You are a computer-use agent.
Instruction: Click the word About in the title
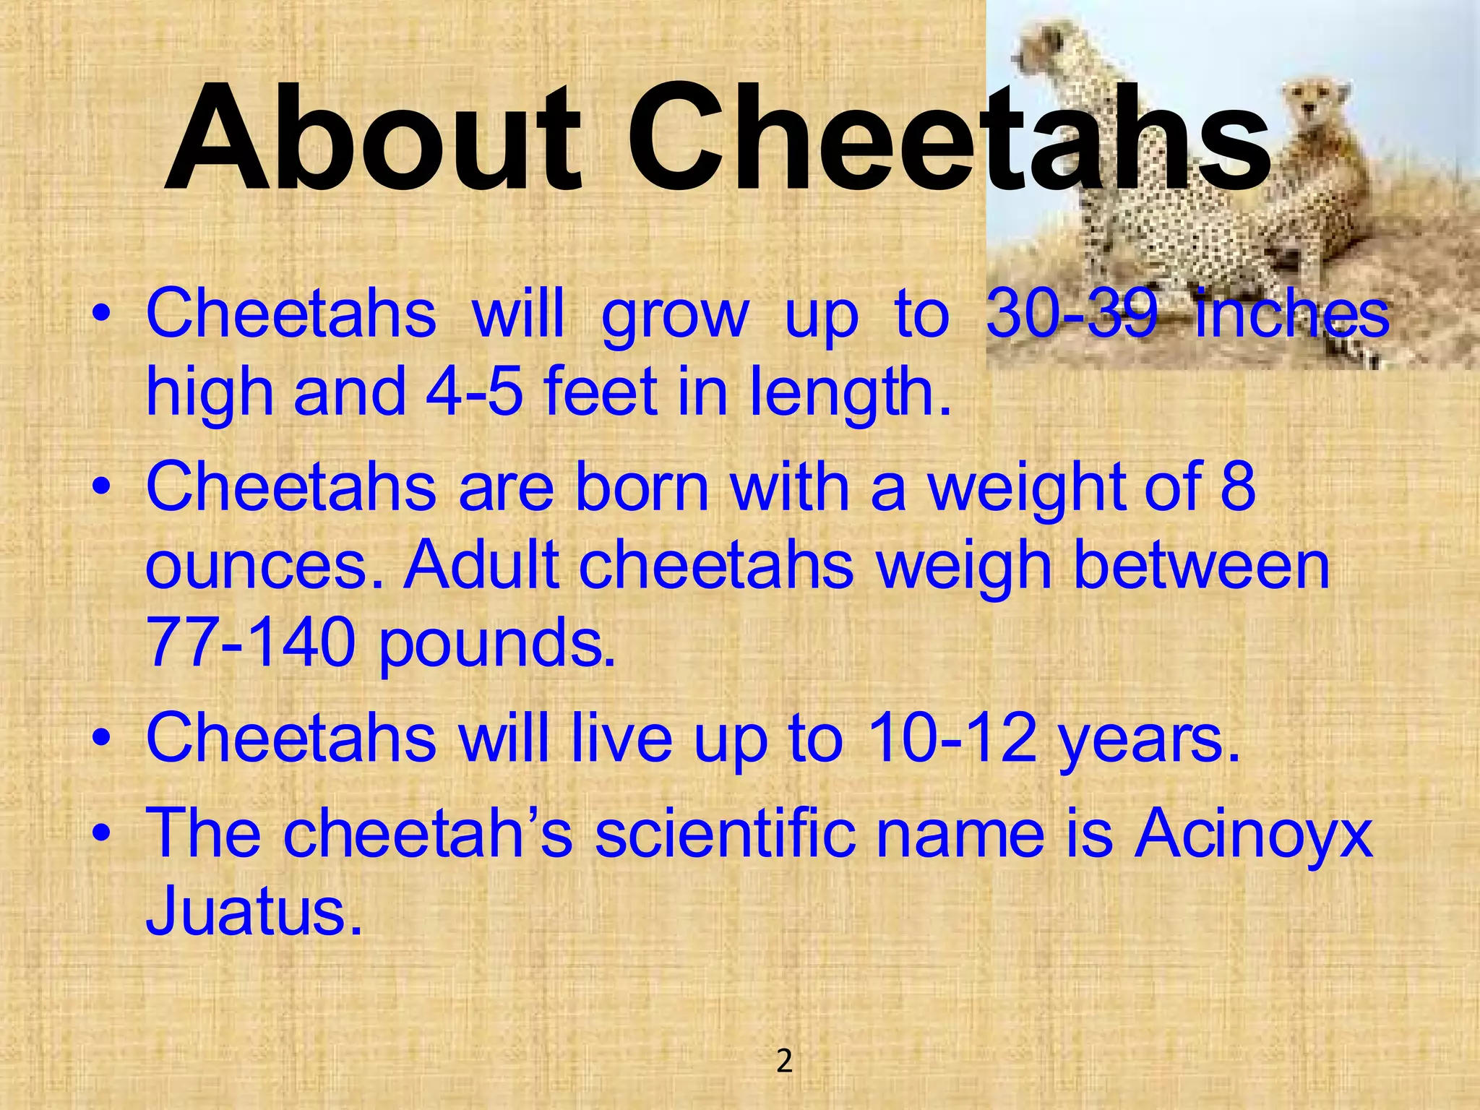click(x=373, y=139)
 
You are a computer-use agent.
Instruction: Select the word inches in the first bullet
click(x=1291, y=314)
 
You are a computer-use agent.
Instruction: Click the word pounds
click(x=496, y=645)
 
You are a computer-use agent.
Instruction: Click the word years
click(x=1149, y=740)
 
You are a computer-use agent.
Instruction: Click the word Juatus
click(x=253, y=912)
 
